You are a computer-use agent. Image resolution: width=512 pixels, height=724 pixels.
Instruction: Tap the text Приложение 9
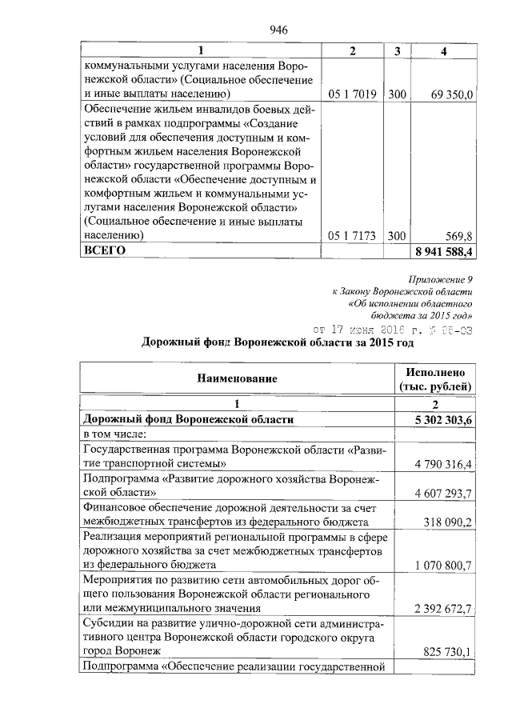click(x=441, y=279)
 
